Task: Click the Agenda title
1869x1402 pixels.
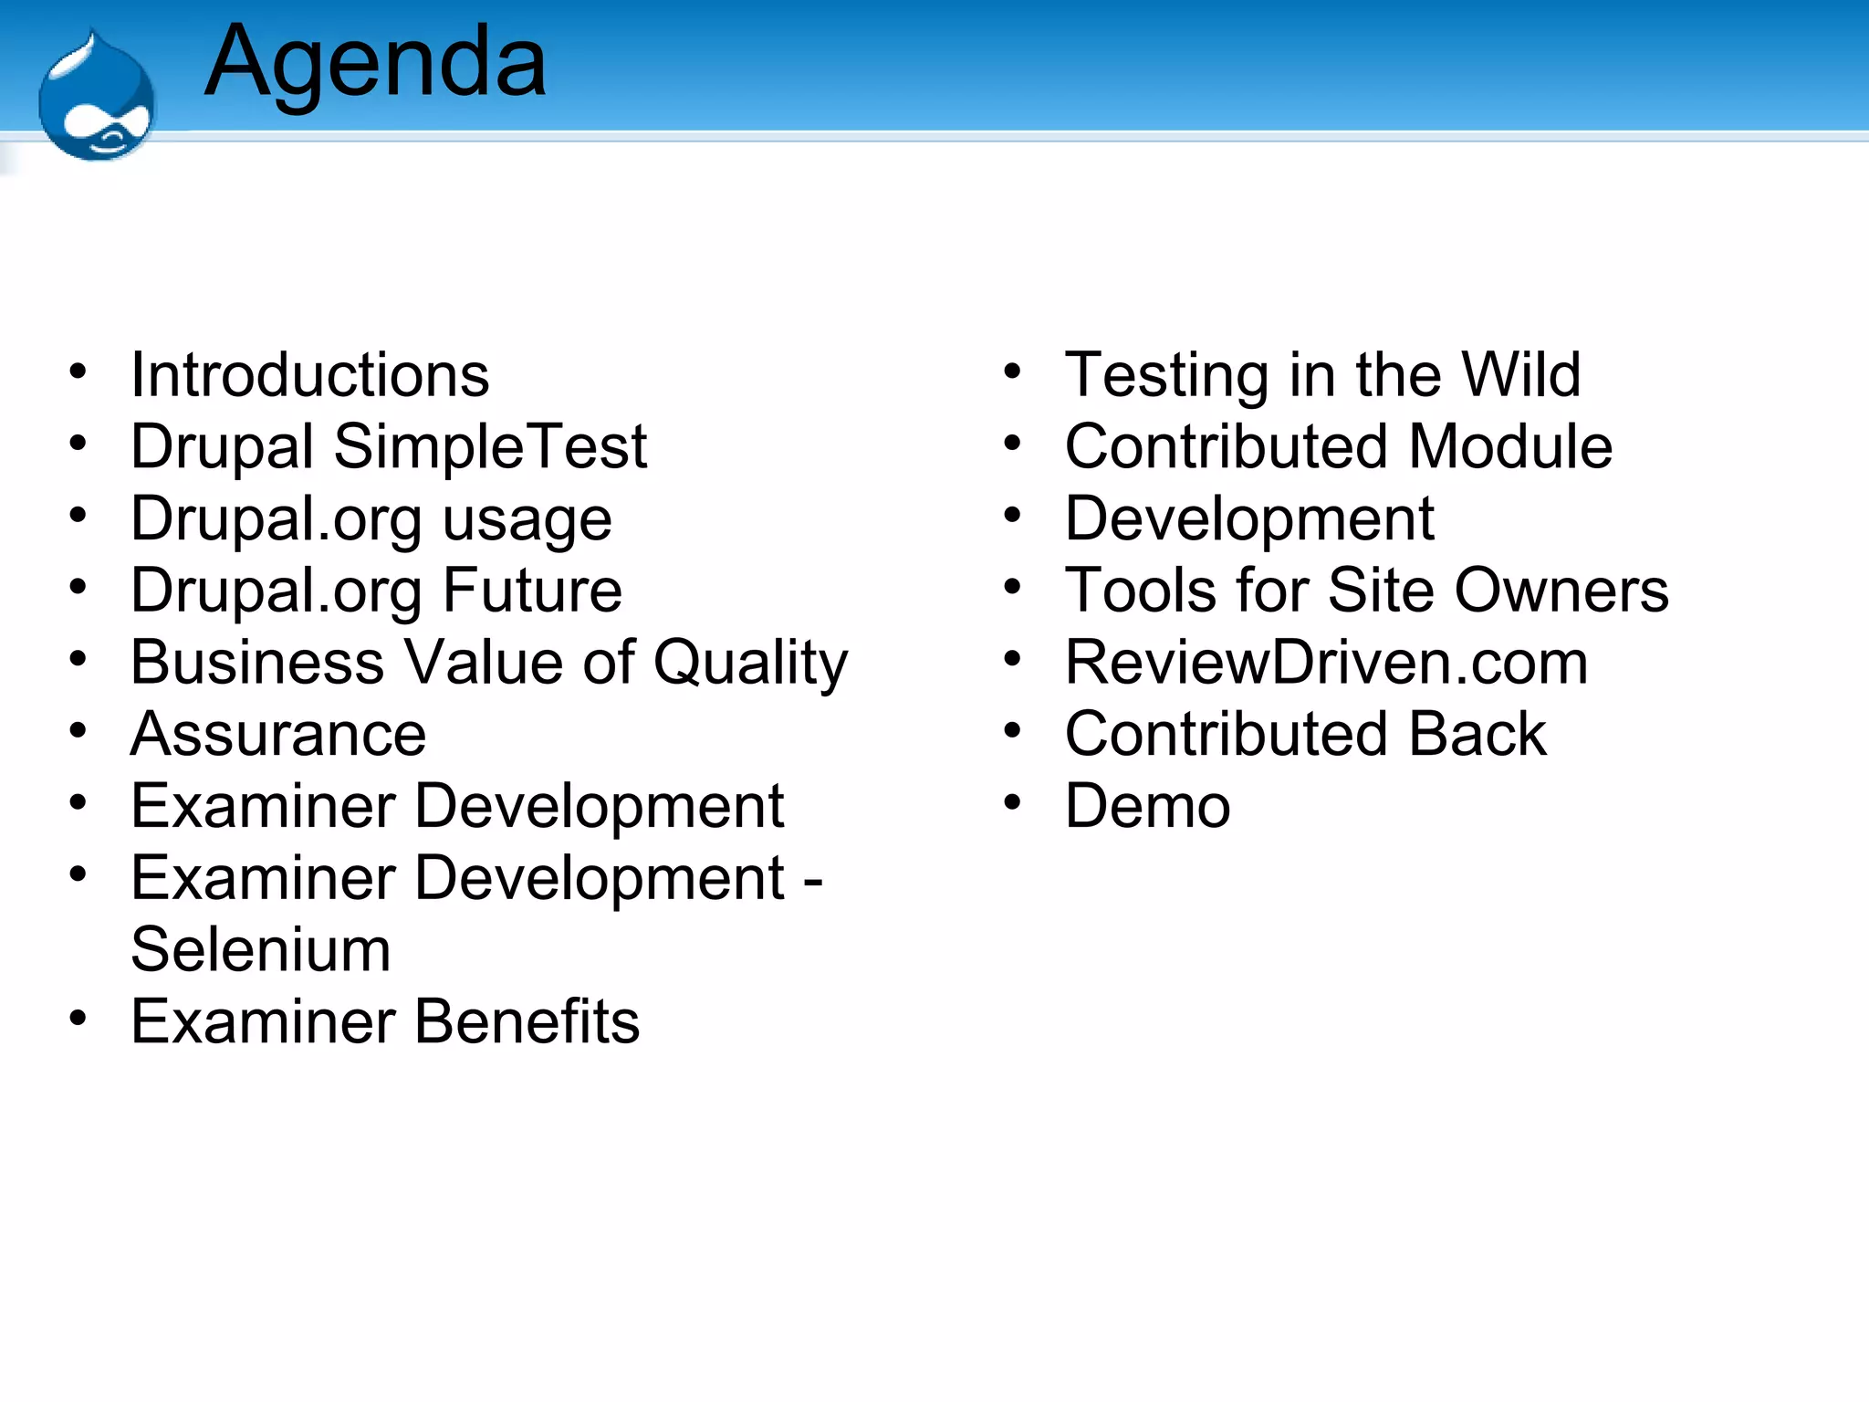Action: (375, 62)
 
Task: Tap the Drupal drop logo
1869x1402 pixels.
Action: (96, 99)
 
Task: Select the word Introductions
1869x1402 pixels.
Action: (309, 374)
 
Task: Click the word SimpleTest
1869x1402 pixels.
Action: (490, 446)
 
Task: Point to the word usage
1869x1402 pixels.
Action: (527, 520)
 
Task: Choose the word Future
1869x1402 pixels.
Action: (532, 591)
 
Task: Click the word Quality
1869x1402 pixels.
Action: (750, 664)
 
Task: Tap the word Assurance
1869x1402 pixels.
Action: (278, 734)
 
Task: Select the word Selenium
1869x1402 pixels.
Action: (261, 949)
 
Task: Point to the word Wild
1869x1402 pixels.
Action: (1520, 374)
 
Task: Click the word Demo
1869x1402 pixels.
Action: (1147, 806)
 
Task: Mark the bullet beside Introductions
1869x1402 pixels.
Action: (78, 371)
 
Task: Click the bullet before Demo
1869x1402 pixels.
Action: (1012, 803)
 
